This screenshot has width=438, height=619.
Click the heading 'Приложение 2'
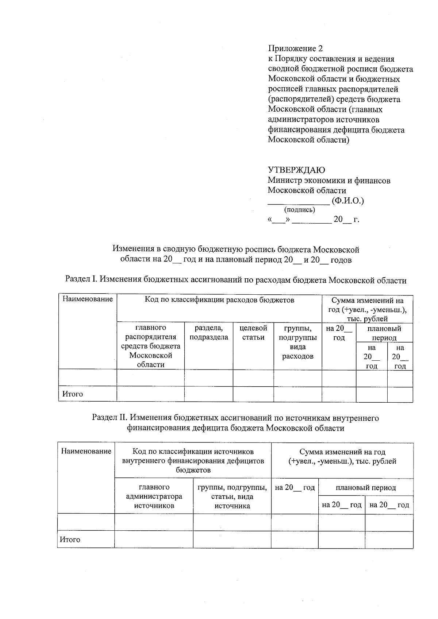[295, 49]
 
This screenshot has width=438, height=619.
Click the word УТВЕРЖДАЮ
[296, 170]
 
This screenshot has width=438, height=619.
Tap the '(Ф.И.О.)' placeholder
[348, 201]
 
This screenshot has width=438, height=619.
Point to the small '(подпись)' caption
[299, 210]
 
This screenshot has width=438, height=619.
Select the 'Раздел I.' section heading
[235, 280]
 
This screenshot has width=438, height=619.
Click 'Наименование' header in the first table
[88, 299]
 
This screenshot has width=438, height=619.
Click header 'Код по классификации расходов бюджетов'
[219, 300]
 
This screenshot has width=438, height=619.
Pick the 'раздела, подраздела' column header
[209, 333]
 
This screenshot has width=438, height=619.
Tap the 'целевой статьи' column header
[253, 333]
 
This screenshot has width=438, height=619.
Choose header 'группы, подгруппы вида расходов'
[297, 342]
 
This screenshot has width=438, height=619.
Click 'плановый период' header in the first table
[384, 333]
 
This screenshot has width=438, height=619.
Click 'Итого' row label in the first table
[73, 394]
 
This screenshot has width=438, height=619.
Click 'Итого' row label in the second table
[70, 539]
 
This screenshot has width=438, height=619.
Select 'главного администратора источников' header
[154, 496]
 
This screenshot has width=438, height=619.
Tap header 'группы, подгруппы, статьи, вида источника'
[232, 496]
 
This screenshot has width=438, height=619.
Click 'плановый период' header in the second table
[366, 488]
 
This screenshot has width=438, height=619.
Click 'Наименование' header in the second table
[86, 452]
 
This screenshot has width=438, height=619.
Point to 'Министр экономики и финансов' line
[329, 180]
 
